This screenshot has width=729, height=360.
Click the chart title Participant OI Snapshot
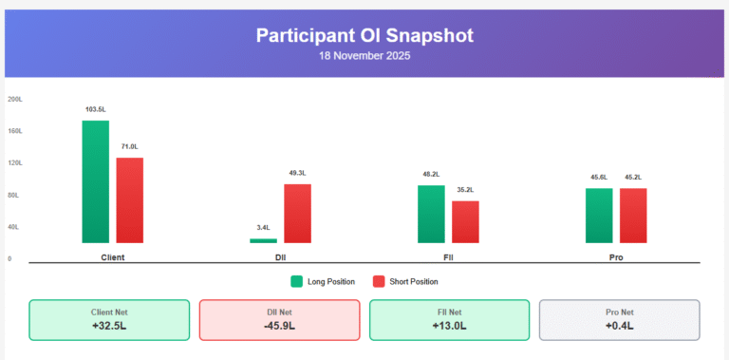click(364, 35)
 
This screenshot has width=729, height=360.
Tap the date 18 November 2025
click(364, 56)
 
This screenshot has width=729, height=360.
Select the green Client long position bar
click(95, 181)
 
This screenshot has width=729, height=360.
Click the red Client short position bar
click(129, 199)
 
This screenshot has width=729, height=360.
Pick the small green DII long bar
click(264, 240)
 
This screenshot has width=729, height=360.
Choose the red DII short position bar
click(297, 213)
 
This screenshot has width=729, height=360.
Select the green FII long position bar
click(431, 214)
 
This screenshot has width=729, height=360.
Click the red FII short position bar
click(465, 221)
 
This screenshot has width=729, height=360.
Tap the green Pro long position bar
click(599, 216)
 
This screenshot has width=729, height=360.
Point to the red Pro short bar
click(633, 216)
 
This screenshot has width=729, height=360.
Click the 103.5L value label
click(95, 110)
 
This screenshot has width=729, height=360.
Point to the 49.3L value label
click(297, 173)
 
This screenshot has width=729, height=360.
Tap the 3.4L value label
click(263, 228)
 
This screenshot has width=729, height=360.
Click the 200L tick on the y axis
click(15, 99)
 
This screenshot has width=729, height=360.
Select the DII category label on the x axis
click(280, 257)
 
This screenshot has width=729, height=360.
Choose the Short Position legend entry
click(405, 281)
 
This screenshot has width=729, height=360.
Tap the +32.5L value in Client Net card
click(109, 326)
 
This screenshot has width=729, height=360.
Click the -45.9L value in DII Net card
click(279, 326)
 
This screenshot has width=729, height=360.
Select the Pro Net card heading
click(619, 312)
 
